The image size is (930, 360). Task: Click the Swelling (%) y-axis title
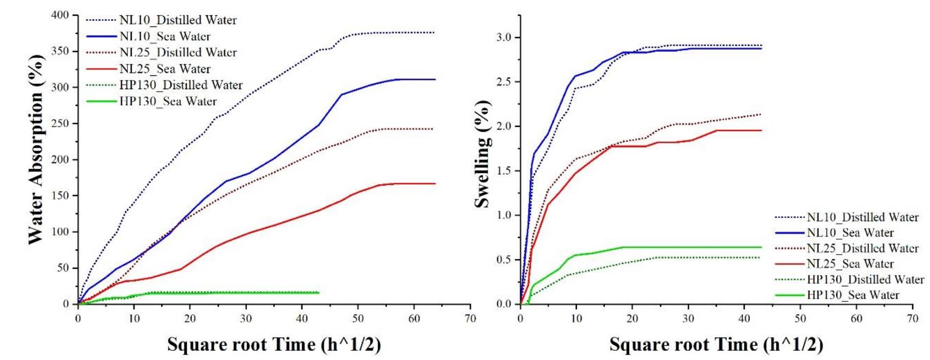pos(483,154)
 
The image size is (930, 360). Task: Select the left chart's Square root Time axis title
pos(274,345)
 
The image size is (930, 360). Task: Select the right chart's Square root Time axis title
pos(716,345)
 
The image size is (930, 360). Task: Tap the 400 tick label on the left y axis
pos(60,15)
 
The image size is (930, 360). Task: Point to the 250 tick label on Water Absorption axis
pos(60,124)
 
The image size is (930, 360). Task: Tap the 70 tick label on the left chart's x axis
pos(470,319)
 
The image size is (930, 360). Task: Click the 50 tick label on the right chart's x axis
pos(801,319)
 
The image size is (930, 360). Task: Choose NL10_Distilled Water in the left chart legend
pos(178,20)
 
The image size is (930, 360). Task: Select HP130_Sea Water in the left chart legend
pos(167,101)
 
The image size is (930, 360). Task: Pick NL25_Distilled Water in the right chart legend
pos(862,248)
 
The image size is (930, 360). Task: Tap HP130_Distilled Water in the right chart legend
pos(865,280)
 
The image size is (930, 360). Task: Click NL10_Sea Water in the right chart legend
pos(850,233)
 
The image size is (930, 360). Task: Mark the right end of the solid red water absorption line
pos(435,183)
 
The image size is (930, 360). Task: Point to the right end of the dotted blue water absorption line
pos(435,33)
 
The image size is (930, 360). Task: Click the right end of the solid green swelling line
pos(762,247)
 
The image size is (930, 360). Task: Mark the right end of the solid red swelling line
pos(762,130)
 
